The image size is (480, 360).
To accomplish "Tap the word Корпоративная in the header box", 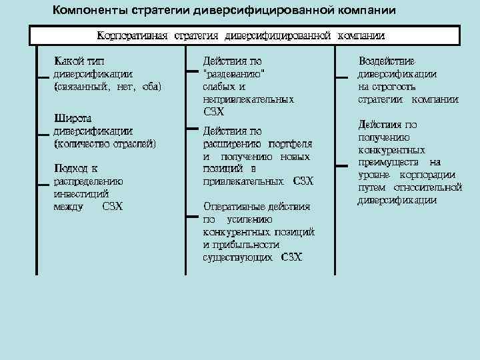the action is pyautogui.click(x=133, y=35).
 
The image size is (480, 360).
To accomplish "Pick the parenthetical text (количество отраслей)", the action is pyautogui.click(x=105, y=143).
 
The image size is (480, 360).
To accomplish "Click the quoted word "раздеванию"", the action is pyautogui.click(x=234, y=74).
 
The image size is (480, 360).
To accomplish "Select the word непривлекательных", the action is pyautogui.click(x=248, y=99).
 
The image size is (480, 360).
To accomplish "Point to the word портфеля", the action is pyautogui.click(x=291, y=143).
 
